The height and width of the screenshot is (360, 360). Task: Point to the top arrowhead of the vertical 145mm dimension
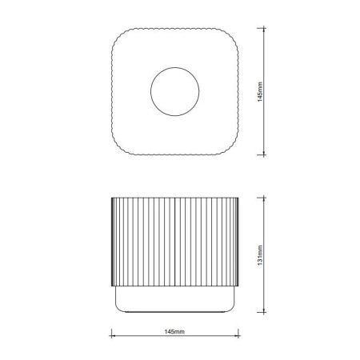[x=265, y=28]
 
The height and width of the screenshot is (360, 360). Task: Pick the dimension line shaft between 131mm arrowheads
[x=265, y=232]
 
